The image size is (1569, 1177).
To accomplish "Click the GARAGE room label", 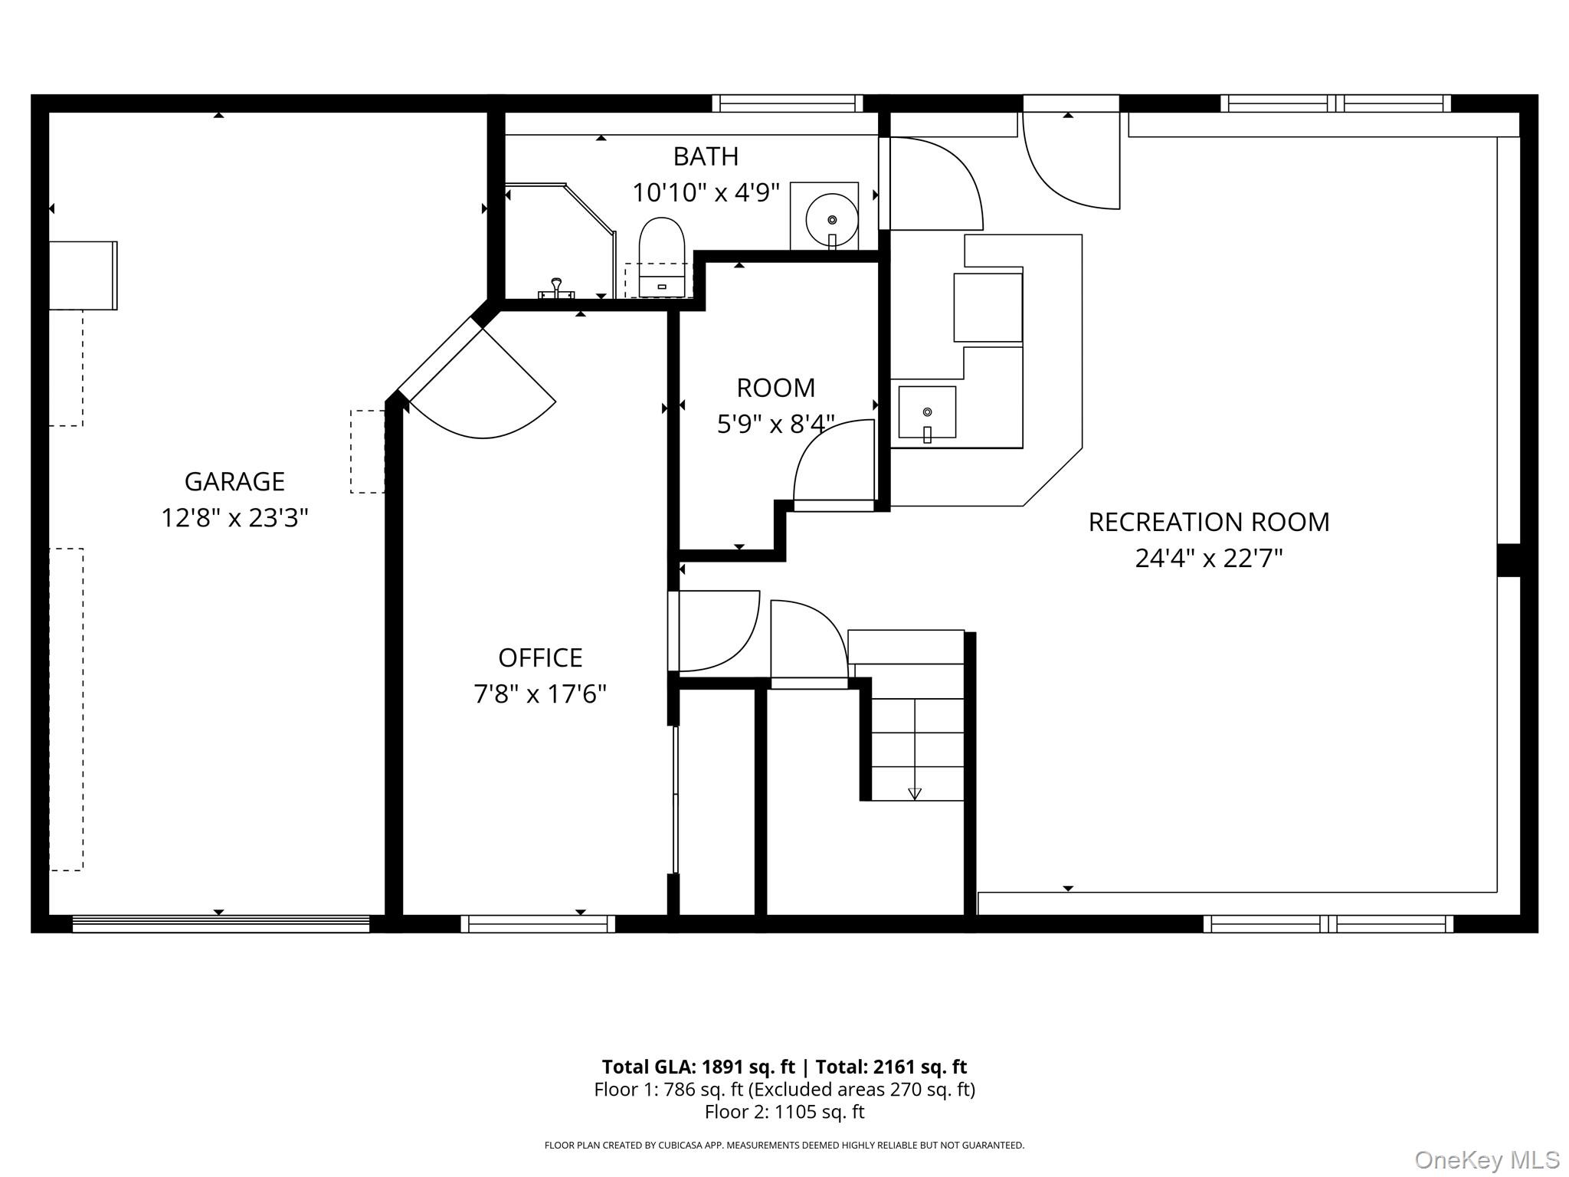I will pos(234,481).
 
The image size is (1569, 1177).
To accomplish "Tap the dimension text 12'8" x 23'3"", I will pos(234,518).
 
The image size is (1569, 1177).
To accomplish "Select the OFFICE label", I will pos(540,657).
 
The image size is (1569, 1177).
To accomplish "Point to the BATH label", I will pos(706,156).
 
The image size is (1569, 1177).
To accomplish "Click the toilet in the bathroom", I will pos(662,257).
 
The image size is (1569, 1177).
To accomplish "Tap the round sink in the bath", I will pos(832,219).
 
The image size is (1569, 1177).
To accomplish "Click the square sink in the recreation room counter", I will pos(927,413).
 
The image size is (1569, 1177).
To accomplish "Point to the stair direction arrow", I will pos(914,793).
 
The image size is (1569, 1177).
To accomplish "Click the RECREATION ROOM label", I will pos(1208,522).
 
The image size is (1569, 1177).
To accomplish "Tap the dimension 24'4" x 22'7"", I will pos(1208,558).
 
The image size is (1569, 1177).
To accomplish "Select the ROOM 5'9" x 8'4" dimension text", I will pos(775,424).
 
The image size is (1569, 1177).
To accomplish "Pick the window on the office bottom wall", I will pos(538,923).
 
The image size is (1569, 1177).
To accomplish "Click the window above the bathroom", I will pos(788,103).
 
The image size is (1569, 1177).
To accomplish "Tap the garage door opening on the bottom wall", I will pos(221,923).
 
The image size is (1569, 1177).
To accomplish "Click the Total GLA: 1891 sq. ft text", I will pos(698,1067).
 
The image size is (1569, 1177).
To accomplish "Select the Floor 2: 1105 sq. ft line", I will pos(784,1112).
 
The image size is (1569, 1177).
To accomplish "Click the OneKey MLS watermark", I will pos(1487,1160).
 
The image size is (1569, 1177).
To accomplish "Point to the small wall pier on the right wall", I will pos(1508,560).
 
